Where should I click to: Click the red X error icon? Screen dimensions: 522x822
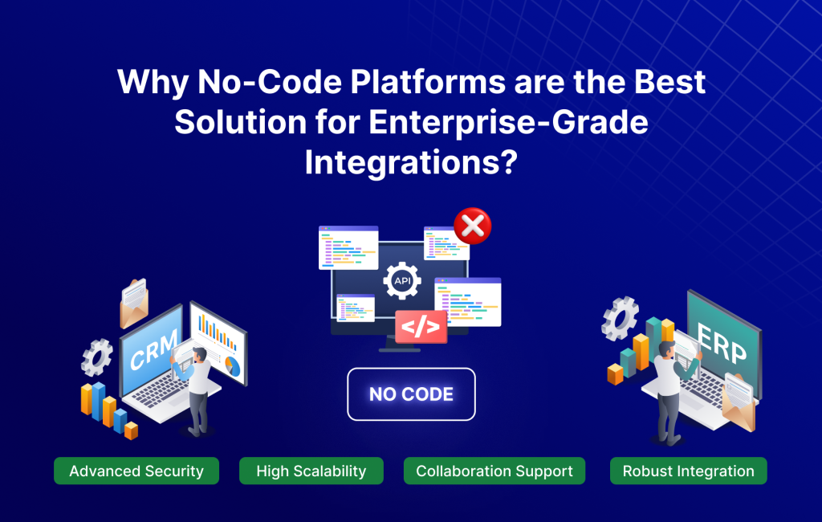[x=473, y=226]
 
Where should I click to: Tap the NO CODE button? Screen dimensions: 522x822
[x=411, y=394]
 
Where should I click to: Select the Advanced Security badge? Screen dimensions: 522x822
[x=136, y=471]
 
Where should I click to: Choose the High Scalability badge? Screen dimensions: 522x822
[x=311, y=471]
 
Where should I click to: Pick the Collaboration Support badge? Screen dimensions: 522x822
[x=494, y=471]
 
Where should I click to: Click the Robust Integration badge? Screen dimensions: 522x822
[x=688, y=471]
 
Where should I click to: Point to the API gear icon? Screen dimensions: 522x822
[x=402, y=280]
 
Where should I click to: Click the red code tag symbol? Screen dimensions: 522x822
[x=421, y=327]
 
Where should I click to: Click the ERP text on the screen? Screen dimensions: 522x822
[x=722, y=343]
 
